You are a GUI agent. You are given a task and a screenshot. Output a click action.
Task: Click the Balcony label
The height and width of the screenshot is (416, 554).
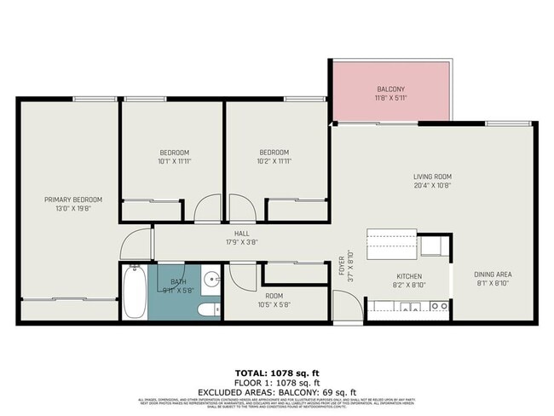click(x=392, y=90)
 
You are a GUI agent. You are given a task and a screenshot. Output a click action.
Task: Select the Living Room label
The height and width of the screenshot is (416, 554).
click(x=433, y=176)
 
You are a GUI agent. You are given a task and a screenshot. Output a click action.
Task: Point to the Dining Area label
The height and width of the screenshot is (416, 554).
click(x=492, y=274)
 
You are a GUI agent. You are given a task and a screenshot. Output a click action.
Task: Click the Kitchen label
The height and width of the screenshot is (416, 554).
click(x=408, y=275)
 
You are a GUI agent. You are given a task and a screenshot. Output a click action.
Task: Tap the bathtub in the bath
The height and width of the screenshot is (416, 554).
click(x=134, y=292)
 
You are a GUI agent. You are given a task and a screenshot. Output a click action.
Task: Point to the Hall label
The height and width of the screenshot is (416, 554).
click(x=241, y=233)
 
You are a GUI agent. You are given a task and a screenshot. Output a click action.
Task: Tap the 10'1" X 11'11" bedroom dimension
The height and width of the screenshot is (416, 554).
click(x=174, y=160)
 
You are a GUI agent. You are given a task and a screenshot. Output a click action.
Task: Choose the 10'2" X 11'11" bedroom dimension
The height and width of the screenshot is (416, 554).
click(x=274, y=160)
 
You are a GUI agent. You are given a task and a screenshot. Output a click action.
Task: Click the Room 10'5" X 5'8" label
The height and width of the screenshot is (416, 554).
click(x=274, y=299)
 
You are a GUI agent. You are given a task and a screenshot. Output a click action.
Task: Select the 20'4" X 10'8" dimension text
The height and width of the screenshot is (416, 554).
click(x=433, y=184)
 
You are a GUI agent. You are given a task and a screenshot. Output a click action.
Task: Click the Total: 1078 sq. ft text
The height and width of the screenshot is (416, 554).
click(x=277, y=373)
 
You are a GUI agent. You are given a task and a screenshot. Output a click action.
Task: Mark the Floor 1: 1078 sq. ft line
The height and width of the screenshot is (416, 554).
click(x=277, y=382)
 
